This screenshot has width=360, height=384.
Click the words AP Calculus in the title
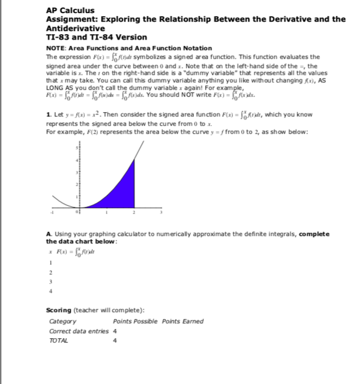pos(70,11)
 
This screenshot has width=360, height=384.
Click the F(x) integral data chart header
pos(74,251)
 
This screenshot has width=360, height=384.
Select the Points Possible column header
pos(135,321)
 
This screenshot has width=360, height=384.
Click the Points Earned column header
pos(183,321)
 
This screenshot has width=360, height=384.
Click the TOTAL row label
pos(59,341)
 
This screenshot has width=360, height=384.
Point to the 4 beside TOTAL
pos(115,341)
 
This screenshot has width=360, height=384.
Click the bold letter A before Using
pos(49,233)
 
